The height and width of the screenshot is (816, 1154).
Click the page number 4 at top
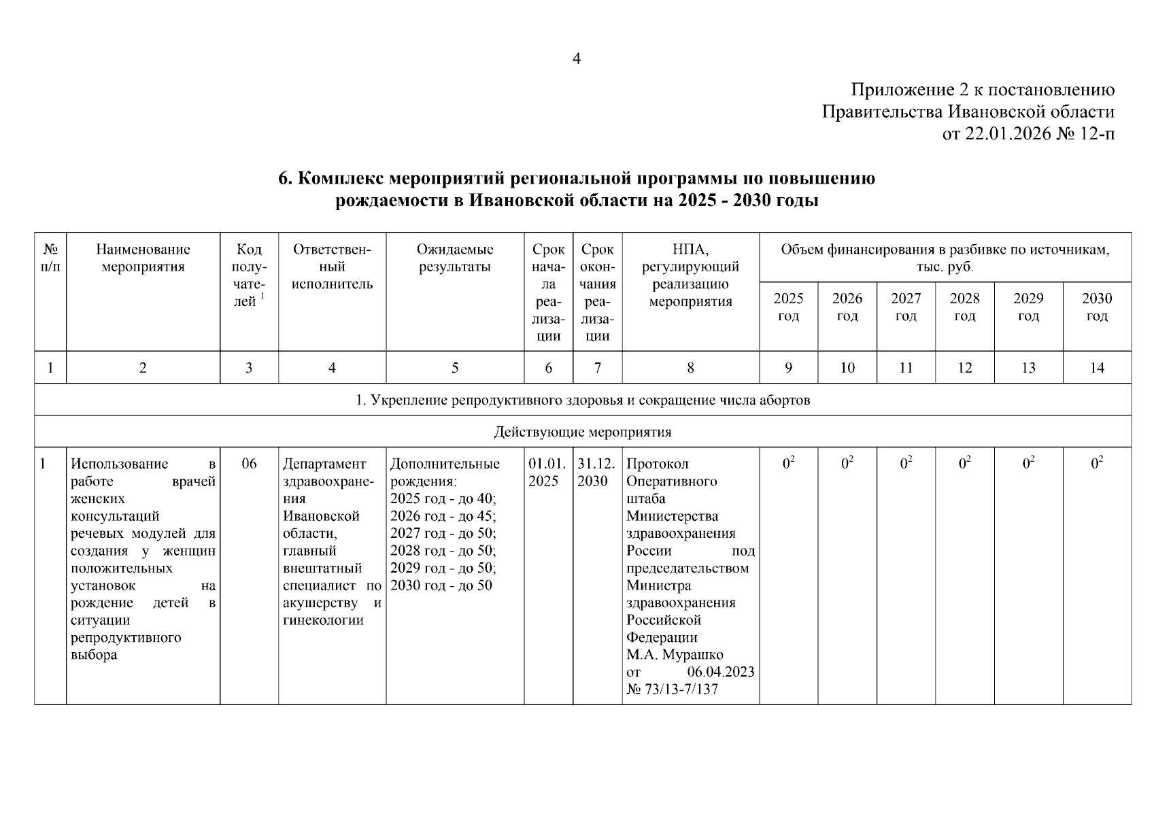pyautogui.click(x=577, y=59)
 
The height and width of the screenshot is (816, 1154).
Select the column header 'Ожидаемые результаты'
pyautogui.click(x=454, y=258)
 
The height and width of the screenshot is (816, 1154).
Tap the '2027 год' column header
pyautogui.click(x=905, y=307)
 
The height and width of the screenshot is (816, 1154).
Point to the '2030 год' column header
pyautogui.click(x=1096, y=307)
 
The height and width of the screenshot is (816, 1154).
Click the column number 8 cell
pyautogui.click(x=690, y=368)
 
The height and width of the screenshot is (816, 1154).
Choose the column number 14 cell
pyautogui.click(x=1096, y=368)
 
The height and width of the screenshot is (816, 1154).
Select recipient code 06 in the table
pyautogui.click(x=249, y=464)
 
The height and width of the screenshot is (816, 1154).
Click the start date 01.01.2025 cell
pyautogui.click(x=547, y=473)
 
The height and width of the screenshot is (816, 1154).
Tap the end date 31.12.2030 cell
pyautogui.click(x=596, y=473)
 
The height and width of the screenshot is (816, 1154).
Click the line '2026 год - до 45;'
pyautogui.click(x=443, y=516)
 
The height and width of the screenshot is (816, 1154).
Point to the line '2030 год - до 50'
pyautogui.click(x=441, y=585)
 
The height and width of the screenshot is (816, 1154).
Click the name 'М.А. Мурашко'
pyautogui.click(x=674, y=655)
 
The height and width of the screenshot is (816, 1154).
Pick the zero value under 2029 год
pyautogui.click(x=1028, y=464)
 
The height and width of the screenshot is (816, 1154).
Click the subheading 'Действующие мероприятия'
pyautogui.click(x=582, y=432)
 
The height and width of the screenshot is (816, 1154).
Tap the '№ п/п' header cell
pyautogui.click(x=50, y=258)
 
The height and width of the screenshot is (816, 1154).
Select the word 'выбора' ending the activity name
pyautogui.click(x=94, y=655)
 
